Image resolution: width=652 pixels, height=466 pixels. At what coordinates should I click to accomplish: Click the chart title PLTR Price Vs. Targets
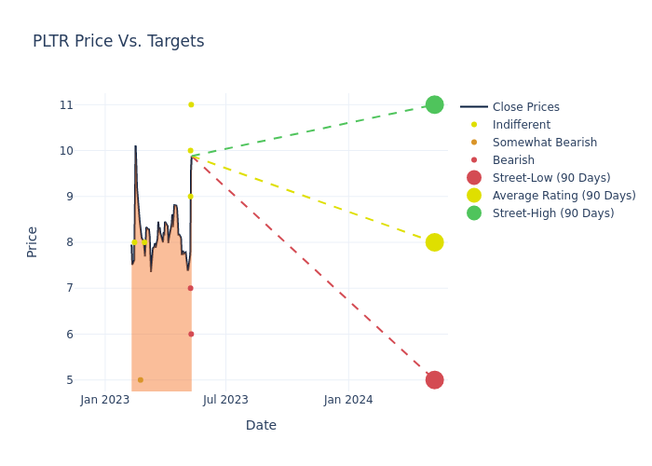pos(118,41)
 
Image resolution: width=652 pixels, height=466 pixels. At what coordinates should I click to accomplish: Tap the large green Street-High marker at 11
pos(434,104)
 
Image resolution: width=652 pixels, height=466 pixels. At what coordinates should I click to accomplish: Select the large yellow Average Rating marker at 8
pos(434,242)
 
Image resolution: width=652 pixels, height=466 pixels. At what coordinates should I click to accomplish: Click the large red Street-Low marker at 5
pos(434,379)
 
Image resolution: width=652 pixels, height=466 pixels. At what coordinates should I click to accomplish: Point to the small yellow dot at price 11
pos(191,104)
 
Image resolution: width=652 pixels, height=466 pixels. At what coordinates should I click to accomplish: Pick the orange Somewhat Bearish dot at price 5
pos(141,380)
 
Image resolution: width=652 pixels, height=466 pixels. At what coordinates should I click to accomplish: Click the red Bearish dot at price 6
pos(191,334)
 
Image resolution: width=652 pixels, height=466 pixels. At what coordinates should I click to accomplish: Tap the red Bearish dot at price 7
pos(190,288)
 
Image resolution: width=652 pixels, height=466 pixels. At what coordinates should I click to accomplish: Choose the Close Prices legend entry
pos(525,107)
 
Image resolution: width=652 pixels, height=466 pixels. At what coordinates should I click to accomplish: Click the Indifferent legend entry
pos(521,125)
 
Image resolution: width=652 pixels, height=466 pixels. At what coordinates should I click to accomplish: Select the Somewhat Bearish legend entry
pos(544,143)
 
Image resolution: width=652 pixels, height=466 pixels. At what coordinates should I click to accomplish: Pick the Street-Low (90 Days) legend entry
pos(550,178)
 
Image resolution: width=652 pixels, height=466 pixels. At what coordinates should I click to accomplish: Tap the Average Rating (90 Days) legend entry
pos(564,196)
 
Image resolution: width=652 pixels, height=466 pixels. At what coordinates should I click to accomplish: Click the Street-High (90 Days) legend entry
pos(552,213)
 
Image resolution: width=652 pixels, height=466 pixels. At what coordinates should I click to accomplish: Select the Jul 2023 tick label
pos(225,400)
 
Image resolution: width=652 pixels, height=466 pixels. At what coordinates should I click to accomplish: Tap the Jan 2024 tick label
pos(348,400)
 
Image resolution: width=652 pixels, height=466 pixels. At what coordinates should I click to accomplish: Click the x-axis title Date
pos(261,425)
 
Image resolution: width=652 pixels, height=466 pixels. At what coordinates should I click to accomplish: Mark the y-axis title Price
pos(33,241)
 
